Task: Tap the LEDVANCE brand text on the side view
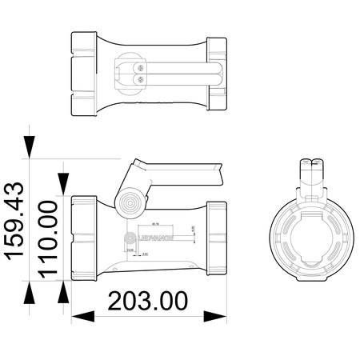coord(152,238)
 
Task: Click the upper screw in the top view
coord(142,69)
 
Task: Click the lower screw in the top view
coord(142,80)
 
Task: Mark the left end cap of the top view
coord(83,74)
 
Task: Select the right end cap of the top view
coord(218,74)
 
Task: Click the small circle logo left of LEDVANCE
coord(130,238)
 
